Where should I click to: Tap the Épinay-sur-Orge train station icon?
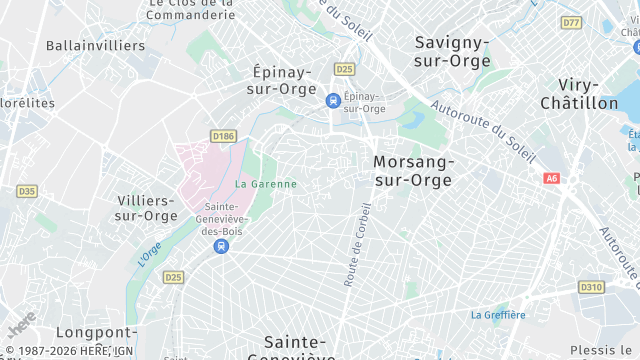coord(333,100)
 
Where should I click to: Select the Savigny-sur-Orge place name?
coord(453,52)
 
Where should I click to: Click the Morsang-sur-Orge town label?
coord(412,171)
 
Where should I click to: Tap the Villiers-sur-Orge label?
coord(146,207)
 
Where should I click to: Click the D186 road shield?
coord(222,135)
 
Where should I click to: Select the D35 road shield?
coord(27,191)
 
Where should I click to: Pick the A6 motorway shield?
coord(552,178)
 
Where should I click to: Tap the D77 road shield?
coord(571,22)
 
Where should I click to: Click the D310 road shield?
coord(591,287)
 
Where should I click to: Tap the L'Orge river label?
coord(148,254)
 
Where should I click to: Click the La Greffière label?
coord(498,315)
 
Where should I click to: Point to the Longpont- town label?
coord(96,332)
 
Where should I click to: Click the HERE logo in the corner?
coord(21,325)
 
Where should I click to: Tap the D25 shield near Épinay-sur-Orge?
coord(345,69)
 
